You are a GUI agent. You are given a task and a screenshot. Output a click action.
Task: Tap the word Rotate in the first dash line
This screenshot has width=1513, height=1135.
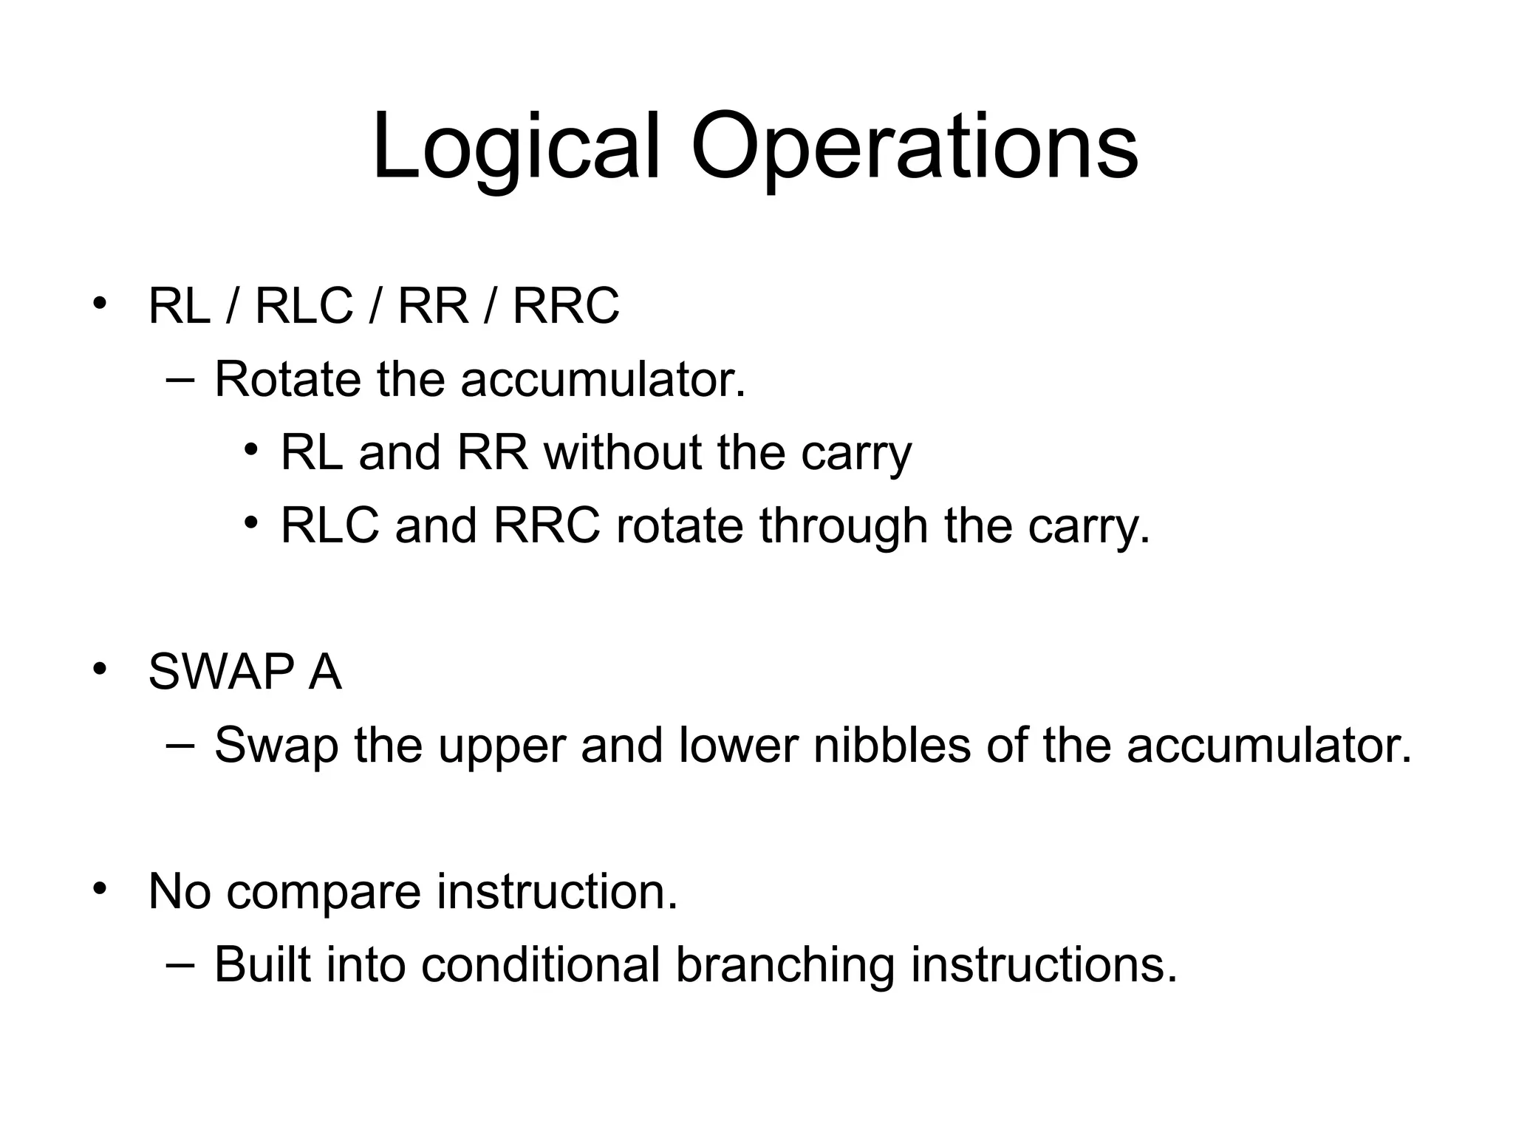tap(287, 380)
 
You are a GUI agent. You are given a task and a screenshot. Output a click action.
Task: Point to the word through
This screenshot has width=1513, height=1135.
tap(844, 526)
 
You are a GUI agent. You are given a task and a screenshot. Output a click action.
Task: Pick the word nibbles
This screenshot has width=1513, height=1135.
tap(892, 745)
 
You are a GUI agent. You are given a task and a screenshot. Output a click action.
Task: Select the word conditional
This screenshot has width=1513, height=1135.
tap(541, 964)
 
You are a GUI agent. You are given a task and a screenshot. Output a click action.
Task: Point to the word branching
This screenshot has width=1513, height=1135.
tap(785, 966)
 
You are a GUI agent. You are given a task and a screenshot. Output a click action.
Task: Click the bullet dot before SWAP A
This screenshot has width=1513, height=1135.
tap(100, 669)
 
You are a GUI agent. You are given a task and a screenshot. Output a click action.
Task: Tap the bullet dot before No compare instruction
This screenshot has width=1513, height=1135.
tap(100, 889)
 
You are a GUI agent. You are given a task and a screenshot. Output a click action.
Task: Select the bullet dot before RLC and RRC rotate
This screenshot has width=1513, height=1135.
tap(251, 523)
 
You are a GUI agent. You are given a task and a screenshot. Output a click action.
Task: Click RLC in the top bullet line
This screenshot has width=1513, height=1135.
tap(304, 306)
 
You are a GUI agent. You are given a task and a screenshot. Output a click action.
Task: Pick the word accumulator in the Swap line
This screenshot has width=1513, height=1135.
tap(1268, 745)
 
